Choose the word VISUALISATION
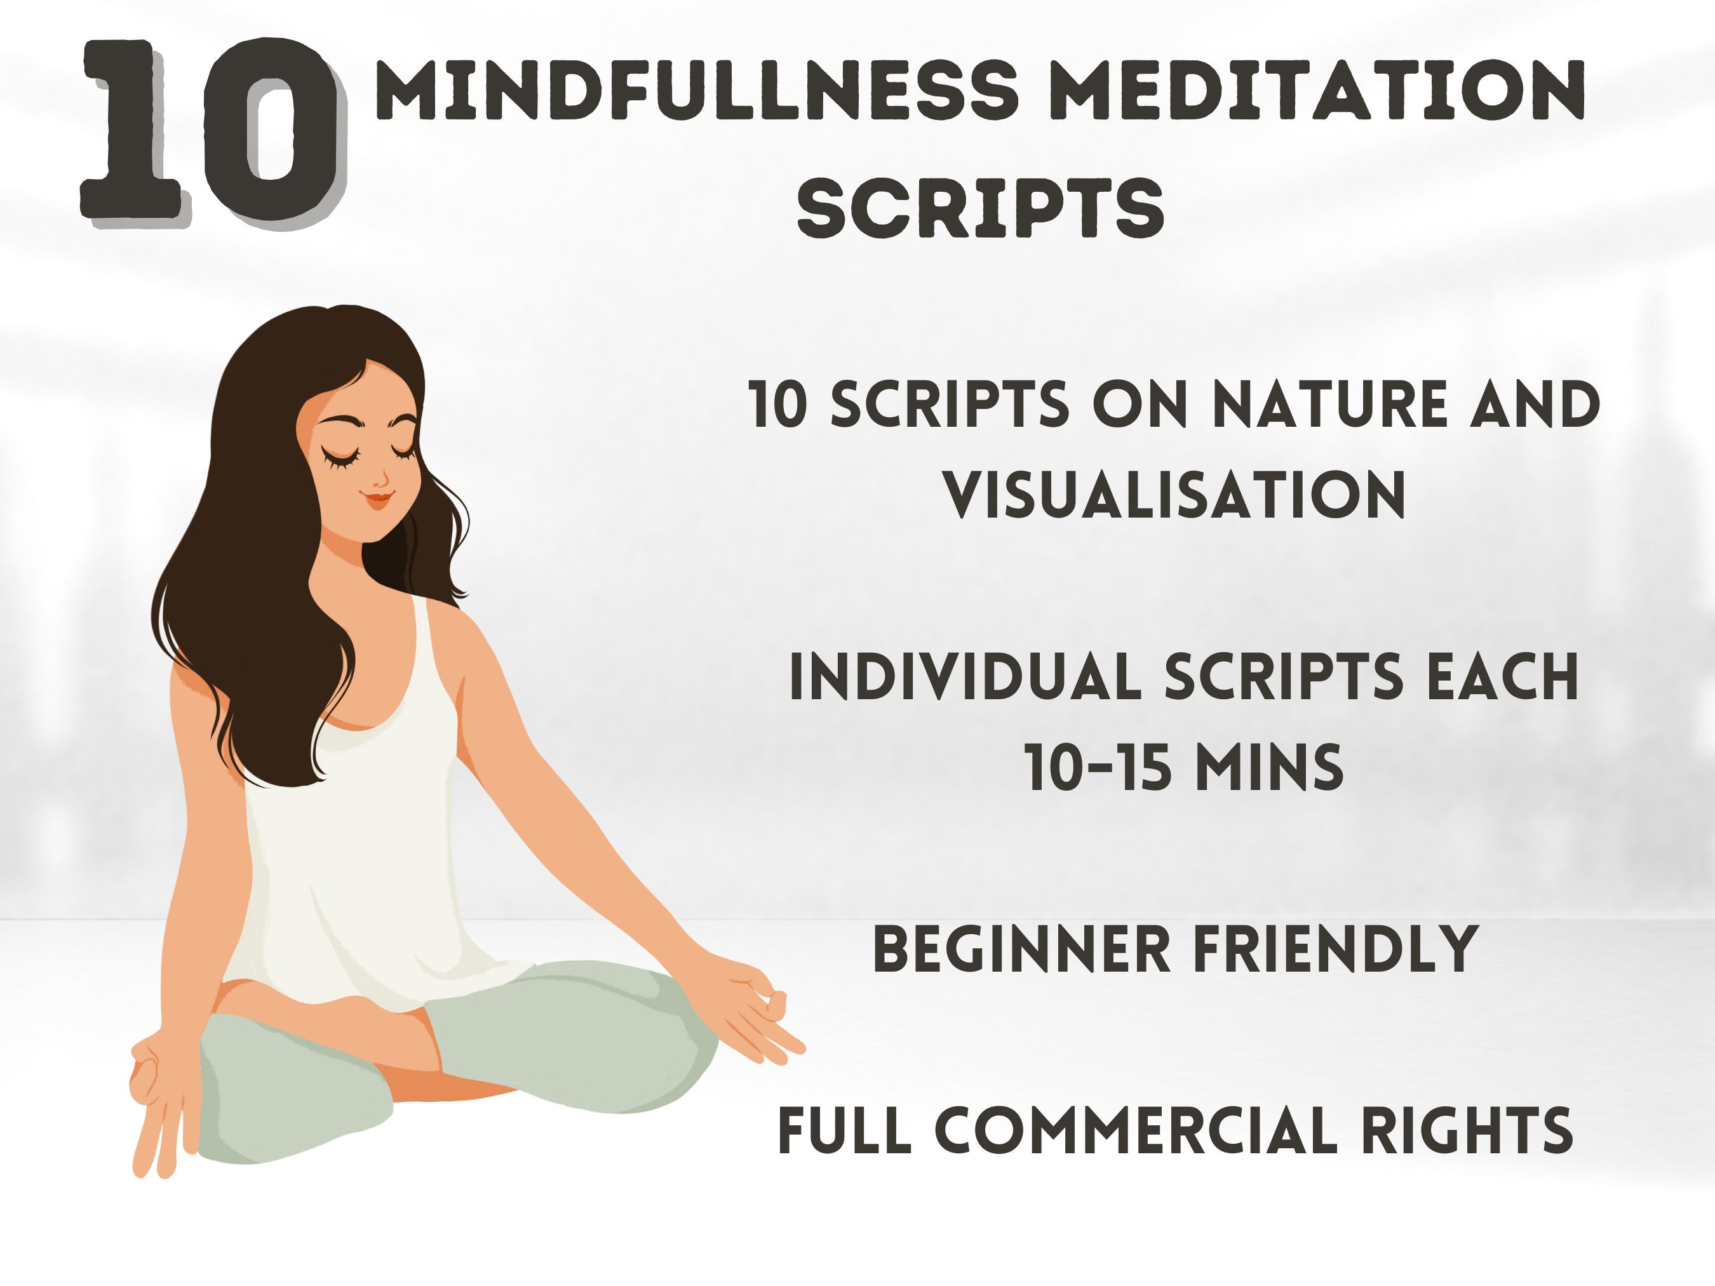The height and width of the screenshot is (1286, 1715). pyautogui.click(x=1174, y=494)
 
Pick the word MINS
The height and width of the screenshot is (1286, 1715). pyautogui.click(x=1269, y=767)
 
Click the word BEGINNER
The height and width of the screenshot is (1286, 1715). pyautogui.click(x=1021, y=949)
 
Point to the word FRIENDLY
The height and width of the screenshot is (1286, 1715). pyautogui.click(x=1335, y=949)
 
